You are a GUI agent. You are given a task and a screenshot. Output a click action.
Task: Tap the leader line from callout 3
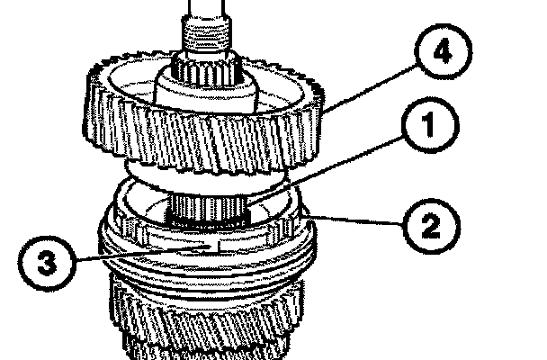(144, 255)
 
